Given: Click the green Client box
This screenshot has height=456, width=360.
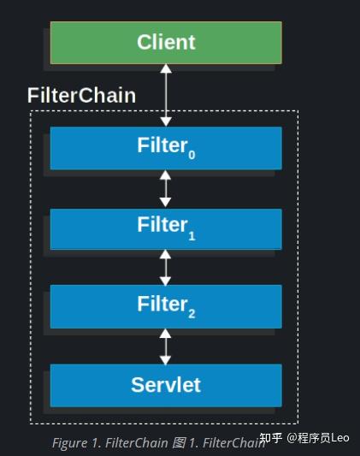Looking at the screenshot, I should [166, 43].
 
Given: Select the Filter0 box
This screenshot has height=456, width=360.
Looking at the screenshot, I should [166, 148].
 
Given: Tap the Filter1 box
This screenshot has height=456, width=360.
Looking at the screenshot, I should [166, 228].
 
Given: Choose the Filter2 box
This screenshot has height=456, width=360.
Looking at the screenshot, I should [166, 306].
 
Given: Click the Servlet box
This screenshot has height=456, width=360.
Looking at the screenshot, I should [166, 385].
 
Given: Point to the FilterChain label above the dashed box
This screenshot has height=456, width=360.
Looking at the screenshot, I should [81, 95].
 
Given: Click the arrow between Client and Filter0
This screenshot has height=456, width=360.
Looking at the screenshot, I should [166, 95].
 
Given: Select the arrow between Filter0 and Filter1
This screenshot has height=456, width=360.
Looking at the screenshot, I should [166, 188].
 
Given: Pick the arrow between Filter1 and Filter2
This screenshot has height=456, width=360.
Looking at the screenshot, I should [166, 267].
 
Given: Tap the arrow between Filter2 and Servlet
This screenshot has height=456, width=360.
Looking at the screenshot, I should [166, 346].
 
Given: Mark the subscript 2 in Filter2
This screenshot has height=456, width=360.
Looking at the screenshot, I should [192, 312].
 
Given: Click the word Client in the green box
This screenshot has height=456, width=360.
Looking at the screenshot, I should [166, 42].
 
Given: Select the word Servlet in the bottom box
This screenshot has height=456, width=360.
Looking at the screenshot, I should [166, 385].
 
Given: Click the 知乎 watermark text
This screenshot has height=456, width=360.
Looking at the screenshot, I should [272, 438].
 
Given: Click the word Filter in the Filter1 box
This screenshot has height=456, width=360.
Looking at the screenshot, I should [161, 225].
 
